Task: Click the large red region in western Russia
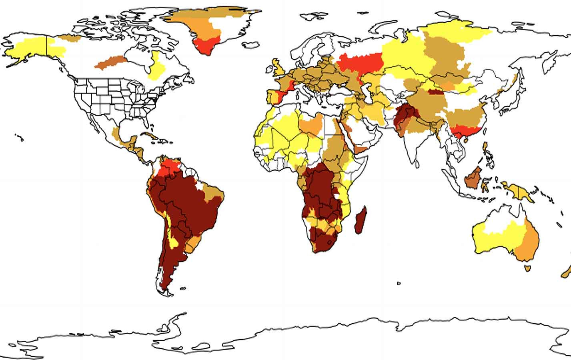[x=360, y=64]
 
